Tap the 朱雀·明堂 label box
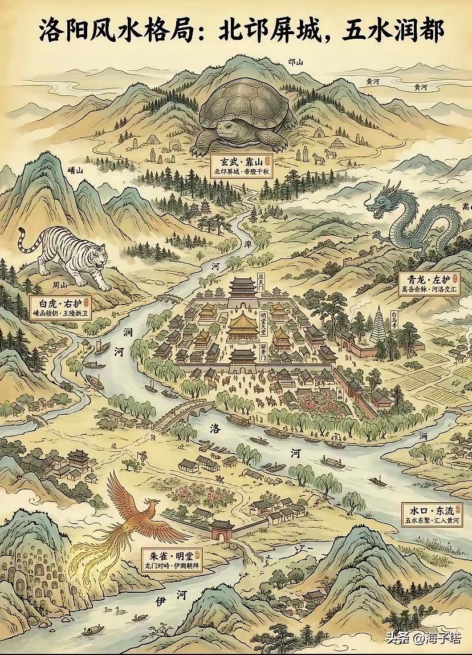(x=170, y=559)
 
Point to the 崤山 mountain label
(x=76, y=171)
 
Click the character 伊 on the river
(x=161, y=600)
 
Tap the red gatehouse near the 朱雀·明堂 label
(x=222, y=530)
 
